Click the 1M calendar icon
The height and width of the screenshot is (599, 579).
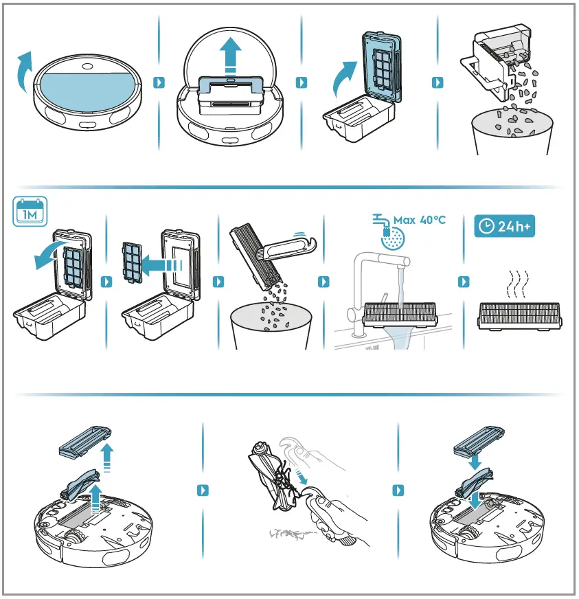(30, 212)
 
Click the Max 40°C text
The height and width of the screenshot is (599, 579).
(420, 220)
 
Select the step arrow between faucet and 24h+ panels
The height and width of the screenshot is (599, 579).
(465, 282)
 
